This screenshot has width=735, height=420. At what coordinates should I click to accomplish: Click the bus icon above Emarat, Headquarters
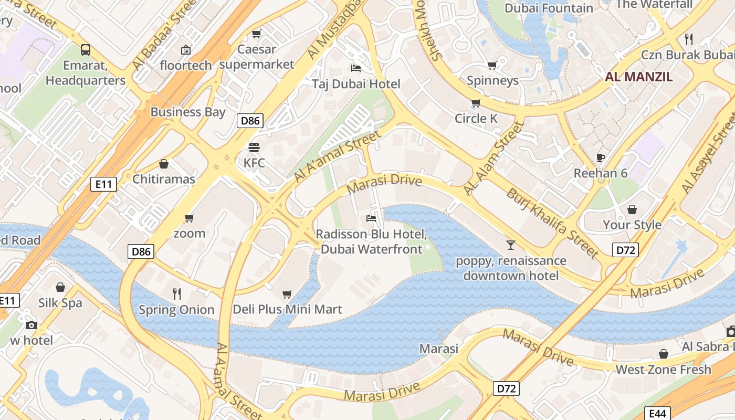pyautogui.click(x=85, y=50)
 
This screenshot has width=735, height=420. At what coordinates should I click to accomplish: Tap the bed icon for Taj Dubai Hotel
pyautogui.click(x=355, y=68)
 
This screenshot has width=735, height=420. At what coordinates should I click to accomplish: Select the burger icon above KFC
pyautogui.click(x=254, y=147)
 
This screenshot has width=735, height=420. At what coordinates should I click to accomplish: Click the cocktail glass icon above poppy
pyautogui.click(x=510, y=245)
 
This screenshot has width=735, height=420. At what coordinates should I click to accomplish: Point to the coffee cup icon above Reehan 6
pyautogui.click(x=601, y=157)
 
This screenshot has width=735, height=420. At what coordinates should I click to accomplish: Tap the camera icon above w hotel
pyautogui.click(x=31, y=325)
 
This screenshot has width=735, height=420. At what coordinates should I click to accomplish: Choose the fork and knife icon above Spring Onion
pyautogui.click(x=176, y=293)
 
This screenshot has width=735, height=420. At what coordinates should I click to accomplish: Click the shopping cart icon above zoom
pyautogui.click(x=189, y=217)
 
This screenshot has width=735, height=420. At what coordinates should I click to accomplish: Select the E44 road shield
pyautogui.click(x=657, y=414)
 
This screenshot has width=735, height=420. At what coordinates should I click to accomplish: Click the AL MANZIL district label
pyautogui.click(x=638, y=77)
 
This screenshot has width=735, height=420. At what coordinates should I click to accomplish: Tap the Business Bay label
pyautogui.click(x=187, y=112)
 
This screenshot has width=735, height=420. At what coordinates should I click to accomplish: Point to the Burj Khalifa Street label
pyautogui.click(x=552, y=223)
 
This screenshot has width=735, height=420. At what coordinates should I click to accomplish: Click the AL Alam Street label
pyautogui.click(x=494, y=159)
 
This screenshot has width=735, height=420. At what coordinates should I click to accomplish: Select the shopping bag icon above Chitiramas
pyautogui.click(x=164, y=164)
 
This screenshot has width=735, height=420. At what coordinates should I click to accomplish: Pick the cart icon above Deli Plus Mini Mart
pyautogui.click(x=287, y=294)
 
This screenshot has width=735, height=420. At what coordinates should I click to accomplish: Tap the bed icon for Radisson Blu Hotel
pyautogui.click(x=371, y=218)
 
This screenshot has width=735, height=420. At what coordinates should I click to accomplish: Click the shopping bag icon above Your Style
pyautogui.click(x=632, y=209)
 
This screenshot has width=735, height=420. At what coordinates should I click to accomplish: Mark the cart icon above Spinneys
pyautogui.click(x=492, y=65)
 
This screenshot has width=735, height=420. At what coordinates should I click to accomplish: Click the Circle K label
pyautogui.click(x=476, y=119)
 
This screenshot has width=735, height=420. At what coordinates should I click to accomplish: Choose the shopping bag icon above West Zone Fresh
pyautogui.click(x=663, y=354)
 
